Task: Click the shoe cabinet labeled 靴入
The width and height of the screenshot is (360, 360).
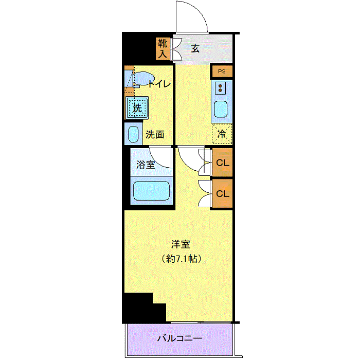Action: tap(163, 49)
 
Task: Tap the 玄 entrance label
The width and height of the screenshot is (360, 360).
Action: tap(195, 49)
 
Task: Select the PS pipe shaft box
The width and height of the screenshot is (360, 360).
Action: tap(222, 71)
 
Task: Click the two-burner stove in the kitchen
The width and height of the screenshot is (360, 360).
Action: tap(220, 88)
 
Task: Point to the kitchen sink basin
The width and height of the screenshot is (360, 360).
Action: tap(221, 109)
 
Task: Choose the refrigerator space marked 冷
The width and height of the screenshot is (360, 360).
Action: tap(222, 134)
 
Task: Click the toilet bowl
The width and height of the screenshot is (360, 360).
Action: tap(143, 79)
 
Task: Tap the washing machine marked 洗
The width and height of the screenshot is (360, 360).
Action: tap(137, 107)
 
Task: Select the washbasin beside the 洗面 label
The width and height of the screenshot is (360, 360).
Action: tap(133, 134)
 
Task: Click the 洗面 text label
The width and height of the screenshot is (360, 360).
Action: tap(155, 135)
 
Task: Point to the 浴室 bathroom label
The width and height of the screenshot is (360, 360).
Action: tap(146, 165)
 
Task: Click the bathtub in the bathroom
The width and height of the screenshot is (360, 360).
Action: tap(151, 191)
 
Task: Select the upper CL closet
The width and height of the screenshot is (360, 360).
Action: tap(223, 163)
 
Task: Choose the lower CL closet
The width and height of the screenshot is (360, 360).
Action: tap(223, 193)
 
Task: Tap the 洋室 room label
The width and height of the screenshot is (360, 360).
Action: tap(181, 244)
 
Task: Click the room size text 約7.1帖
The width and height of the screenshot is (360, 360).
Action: tap(182, 259)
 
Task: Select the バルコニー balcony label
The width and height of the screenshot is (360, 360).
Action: tap(180, 338)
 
